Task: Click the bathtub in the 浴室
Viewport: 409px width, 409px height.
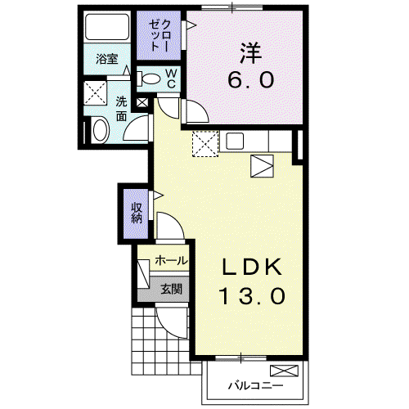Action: [x=107, y=27]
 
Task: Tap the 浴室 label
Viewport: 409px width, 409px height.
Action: [x=107, y=59]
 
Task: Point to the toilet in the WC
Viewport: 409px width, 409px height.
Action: [x=148, y=79]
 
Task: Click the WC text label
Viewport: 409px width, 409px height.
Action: [x=171, y=79]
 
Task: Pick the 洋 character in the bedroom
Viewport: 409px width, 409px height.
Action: [x=251, y=54]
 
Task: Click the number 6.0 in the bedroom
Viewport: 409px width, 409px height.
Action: [x=250, y=79]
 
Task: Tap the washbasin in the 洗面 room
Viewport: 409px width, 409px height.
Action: [x=100, y=130]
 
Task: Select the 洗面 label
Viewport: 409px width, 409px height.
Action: [x=121, y=109]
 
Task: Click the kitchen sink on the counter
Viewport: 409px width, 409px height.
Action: [x=235, y=141]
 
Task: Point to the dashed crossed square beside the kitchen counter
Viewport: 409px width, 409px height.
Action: [x=205, y=144]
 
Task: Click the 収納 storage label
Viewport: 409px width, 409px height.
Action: [x=137, y=213]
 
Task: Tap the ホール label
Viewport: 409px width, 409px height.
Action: [x=171, y=261]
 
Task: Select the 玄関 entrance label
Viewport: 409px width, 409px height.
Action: [x=171, y=289]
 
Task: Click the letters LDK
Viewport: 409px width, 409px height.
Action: [x=252, y=267]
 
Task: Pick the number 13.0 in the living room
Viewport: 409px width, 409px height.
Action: [x=252, y=296]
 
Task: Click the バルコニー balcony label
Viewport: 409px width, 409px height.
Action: [x=255, y=385]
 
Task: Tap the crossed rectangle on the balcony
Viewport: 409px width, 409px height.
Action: [x=284, y=371]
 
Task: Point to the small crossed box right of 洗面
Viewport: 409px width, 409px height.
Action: [x=142, y=103]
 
